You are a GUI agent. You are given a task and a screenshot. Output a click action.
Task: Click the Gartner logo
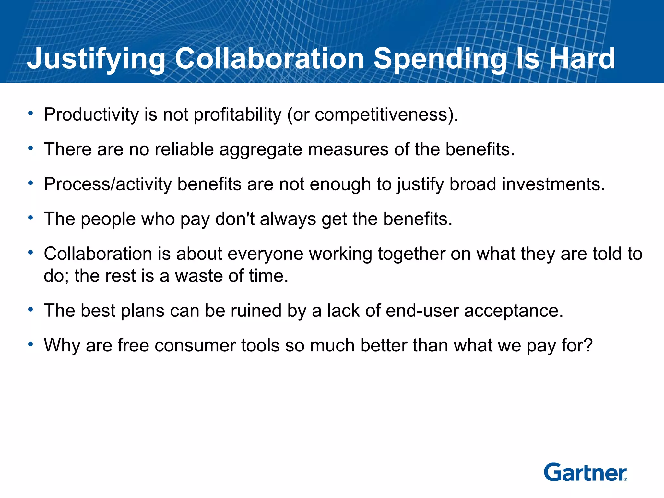tap(585, 472)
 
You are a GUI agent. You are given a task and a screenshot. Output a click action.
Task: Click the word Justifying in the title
tap(96, 59)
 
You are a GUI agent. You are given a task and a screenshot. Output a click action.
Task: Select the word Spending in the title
tap(440, 59)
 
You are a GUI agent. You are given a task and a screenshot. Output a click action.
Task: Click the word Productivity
tap(91, 115)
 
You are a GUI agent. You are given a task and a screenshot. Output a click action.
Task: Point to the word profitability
tap(238, 115)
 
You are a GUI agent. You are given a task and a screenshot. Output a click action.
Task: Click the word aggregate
tap(261, 150)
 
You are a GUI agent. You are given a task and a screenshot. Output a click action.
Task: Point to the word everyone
tap(265, 254)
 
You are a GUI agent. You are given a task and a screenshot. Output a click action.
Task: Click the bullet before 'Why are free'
tap(30, 344)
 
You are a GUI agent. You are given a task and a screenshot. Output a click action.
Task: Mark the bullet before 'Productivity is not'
tap(30, 113)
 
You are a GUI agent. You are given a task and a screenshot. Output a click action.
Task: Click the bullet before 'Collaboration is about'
tap(30, 252)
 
